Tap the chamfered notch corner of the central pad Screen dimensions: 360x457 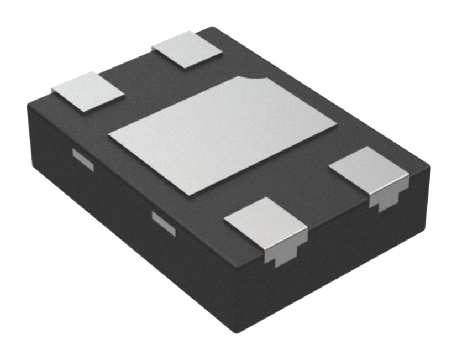pos(260,80)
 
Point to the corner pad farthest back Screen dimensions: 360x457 pos(187,49)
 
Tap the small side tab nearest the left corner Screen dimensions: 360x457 pos(83,159)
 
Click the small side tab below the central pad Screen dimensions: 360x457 pos(164,222)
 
